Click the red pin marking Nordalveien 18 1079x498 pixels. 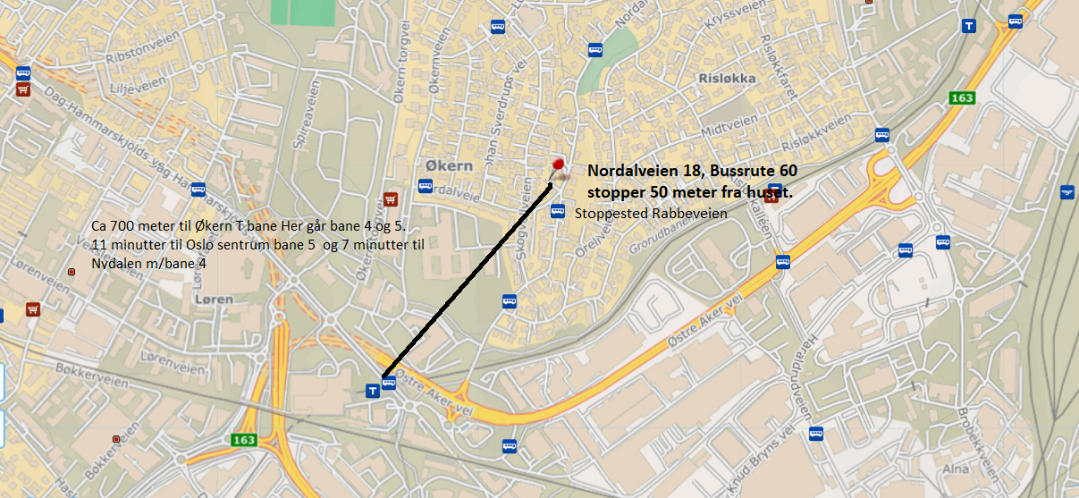point(558,165)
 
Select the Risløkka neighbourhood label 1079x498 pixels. point(728,79)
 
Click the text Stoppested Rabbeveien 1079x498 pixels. point(651,214)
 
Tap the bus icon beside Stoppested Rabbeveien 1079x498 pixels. point(557,211)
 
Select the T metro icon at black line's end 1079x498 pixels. point(373,390)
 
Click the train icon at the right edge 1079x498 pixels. point(1066,191)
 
